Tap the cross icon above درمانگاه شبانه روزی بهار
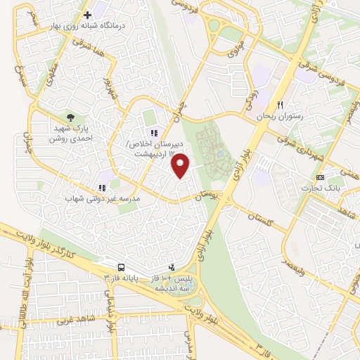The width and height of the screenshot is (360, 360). (x=87, y=15)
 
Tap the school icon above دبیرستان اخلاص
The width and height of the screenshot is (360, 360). (x=153, y=133)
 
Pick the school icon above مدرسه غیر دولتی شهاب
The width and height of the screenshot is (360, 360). (x=102, y=188)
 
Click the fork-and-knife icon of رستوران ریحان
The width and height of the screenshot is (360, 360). (x=280, y=105)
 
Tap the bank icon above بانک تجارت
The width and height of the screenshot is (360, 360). (x=321, y=176)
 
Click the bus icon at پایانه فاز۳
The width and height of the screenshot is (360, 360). (x=122, y=268)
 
